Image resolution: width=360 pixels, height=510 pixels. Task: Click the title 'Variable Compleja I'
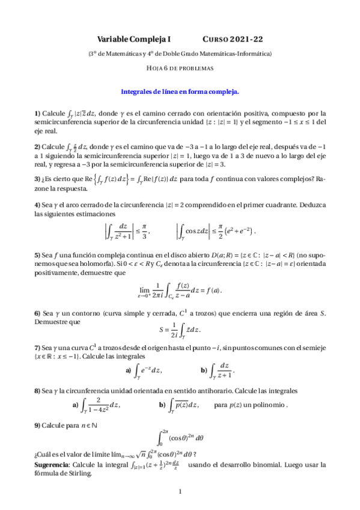coord(135,38)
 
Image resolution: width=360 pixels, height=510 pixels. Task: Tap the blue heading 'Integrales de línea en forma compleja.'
coord(180,92)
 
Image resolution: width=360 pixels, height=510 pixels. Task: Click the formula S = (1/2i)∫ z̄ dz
coord(180,329)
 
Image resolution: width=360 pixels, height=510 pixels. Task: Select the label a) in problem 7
coord(128,370)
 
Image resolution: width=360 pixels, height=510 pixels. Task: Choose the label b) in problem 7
coord(204,370)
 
